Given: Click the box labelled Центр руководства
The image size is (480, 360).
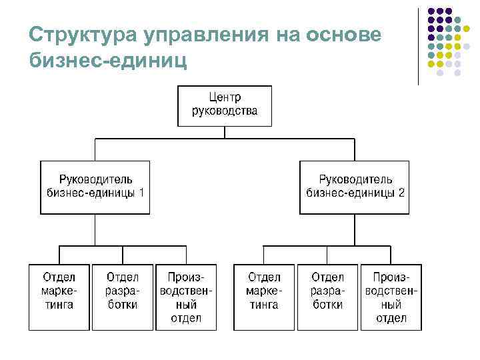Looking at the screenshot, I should [225, 106].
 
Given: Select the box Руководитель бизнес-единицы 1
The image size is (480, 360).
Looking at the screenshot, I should [95, 187].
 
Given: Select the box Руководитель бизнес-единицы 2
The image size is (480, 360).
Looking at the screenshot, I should [355, 187].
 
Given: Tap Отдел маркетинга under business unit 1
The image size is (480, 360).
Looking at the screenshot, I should [59, 297].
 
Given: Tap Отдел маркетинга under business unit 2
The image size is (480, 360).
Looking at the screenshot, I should [263, 297].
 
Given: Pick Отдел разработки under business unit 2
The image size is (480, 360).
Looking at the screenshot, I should [327, 297].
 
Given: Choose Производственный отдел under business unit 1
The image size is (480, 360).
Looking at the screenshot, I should [186, 297].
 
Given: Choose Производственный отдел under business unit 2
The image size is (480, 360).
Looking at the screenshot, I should [391, 297].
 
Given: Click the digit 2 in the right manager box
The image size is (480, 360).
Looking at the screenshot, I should [401, 193].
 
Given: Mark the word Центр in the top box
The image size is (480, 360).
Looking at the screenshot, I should [225, 98].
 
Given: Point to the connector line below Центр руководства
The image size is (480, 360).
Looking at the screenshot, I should [225, 133].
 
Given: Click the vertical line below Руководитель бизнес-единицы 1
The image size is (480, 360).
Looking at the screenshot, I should [95, 230].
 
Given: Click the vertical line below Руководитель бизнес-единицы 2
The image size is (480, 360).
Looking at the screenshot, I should [355, 230].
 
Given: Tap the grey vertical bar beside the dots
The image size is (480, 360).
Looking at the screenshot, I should [418, 47].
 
